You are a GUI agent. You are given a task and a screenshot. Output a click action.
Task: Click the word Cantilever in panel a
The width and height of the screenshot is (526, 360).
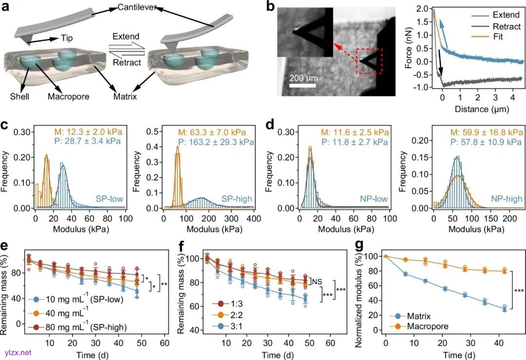coord(138,8)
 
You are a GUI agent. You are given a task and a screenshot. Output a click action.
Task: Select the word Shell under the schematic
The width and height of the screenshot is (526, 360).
coord(19,97)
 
